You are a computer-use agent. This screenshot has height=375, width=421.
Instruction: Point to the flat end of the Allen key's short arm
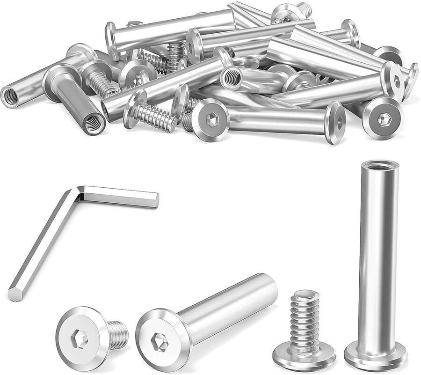tap(156, 200)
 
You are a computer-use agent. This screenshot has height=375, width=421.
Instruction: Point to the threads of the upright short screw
tap(304, 318)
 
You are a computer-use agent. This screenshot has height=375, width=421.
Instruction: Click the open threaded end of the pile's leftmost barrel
tap(10, 96)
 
